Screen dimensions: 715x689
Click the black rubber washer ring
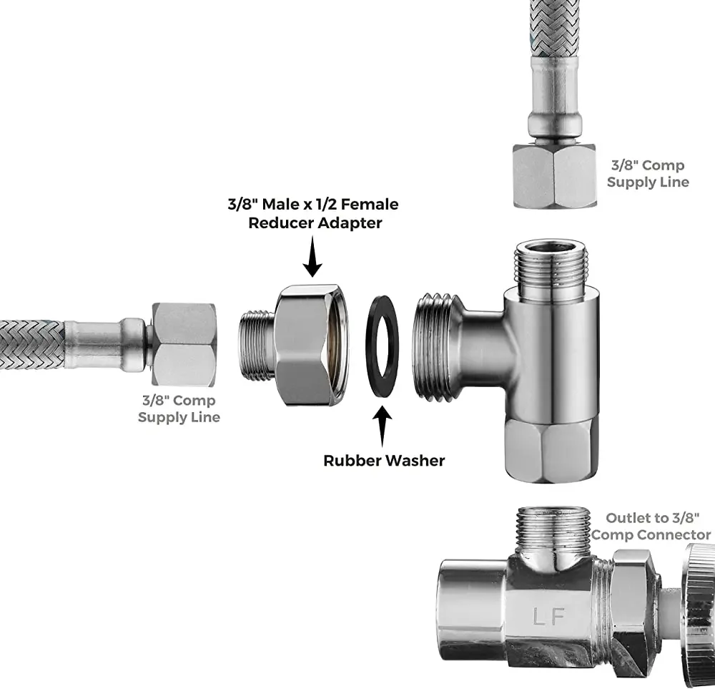(368, 347)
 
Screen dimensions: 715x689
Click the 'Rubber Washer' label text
(384, 460)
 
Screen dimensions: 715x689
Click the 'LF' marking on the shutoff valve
(549, 617)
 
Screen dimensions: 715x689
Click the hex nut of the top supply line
(555, 176)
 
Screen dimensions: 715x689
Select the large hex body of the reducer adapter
(312, 346)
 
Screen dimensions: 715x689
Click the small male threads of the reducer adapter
(256, 345)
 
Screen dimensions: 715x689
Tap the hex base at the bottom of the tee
(551, 449)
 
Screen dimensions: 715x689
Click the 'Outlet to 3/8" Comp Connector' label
(651, 527)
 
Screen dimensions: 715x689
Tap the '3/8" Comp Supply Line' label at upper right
(648, 174)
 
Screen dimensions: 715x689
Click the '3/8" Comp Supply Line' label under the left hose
(179, 409)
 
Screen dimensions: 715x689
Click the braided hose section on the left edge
(32, 345)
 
